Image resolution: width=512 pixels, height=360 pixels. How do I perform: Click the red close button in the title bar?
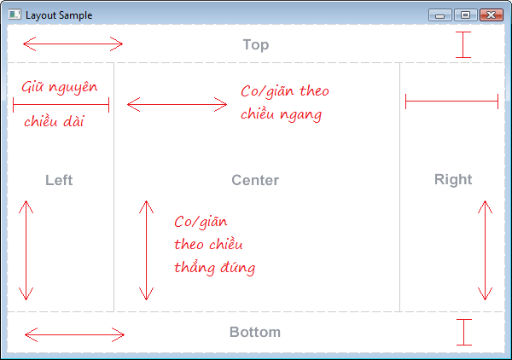pos(492,15)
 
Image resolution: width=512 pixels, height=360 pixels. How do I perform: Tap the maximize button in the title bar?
pos(465,15)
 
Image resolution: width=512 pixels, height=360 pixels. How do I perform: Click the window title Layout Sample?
pos(59,15)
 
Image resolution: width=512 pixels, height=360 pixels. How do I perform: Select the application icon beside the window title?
pos(15,15)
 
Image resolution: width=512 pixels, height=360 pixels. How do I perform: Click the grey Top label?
pos(256,44)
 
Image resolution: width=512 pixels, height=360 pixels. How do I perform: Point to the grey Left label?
pos(59,180)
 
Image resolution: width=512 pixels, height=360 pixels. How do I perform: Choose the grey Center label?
pos(255,180)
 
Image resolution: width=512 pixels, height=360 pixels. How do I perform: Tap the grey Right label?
pos(453,179)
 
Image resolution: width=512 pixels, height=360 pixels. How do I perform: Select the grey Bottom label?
pos(255,332)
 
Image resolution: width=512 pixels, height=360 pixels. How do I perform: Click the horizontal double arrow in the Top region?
pos(73,44)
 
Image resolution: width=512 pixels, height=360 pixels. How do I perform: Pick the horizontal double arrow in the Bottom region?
pos(74,334)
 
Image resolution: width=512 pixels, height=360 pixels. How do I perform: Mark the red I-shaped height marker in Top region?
pos(463,44)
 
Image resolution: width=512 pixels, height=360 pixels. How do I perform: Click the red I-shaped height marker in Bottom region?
pos(464,332)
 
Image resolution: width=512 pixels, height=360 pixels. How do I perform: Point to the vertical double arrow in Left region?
pos(26,250)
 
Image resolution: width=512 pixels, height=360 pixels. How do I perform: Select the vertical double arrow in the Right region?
pos(486,250)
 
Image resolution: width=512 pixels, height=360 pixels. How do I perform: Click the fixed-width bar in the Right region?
pos(451,102)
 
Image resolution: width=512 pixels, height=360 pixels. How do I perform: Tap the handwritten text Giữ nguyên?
pos(60,87)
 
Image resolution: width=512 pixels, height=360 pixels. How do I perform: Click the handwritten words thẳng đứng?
pos(214,268)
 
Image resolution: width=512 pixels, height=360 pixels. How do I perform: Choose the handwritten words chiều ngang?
pos(281,114)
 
